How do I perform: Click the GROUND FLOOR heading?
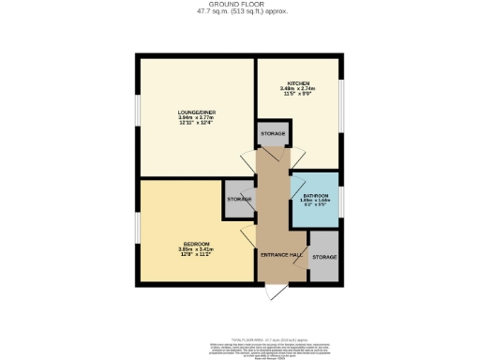point(241,4)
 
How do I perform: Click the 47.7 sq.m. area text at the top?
point(241,11)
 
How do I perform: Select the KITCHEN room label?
point(299,82)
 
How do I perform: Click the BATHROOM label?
point(315,195)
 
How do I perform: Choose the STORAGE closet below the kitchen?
point(273,134)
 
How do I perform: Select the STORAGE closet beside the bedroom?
point(239,200)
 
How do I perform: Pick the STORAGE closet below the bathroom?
point(323,257)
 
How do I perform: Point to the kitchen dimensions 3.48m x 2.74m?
point(299,90)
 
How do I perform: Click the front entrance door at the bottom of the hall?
point(272,293)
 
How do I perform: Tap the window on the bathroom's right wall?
point(340,200)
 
